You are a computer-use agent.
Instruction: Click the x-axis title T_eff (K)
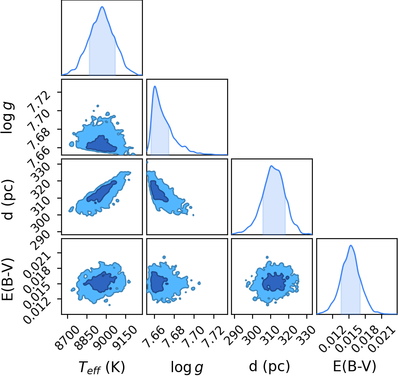102,367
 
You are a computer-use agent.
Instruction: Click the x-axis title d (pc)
269,367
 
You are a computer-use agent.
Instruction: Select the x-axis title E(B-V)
355,367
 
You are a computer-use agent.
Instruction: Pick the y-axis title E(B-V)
8,279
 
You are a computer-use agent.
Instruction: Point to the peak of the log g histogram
154,87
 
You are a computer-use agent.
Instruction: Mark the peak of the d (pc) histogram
272,166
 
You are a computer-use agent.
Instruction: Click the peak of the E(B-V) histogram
351,245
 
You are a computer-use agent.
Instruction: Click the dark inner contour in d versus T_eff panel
102,192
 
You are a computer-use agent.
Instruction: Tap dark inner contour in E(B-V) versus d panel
274,282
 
